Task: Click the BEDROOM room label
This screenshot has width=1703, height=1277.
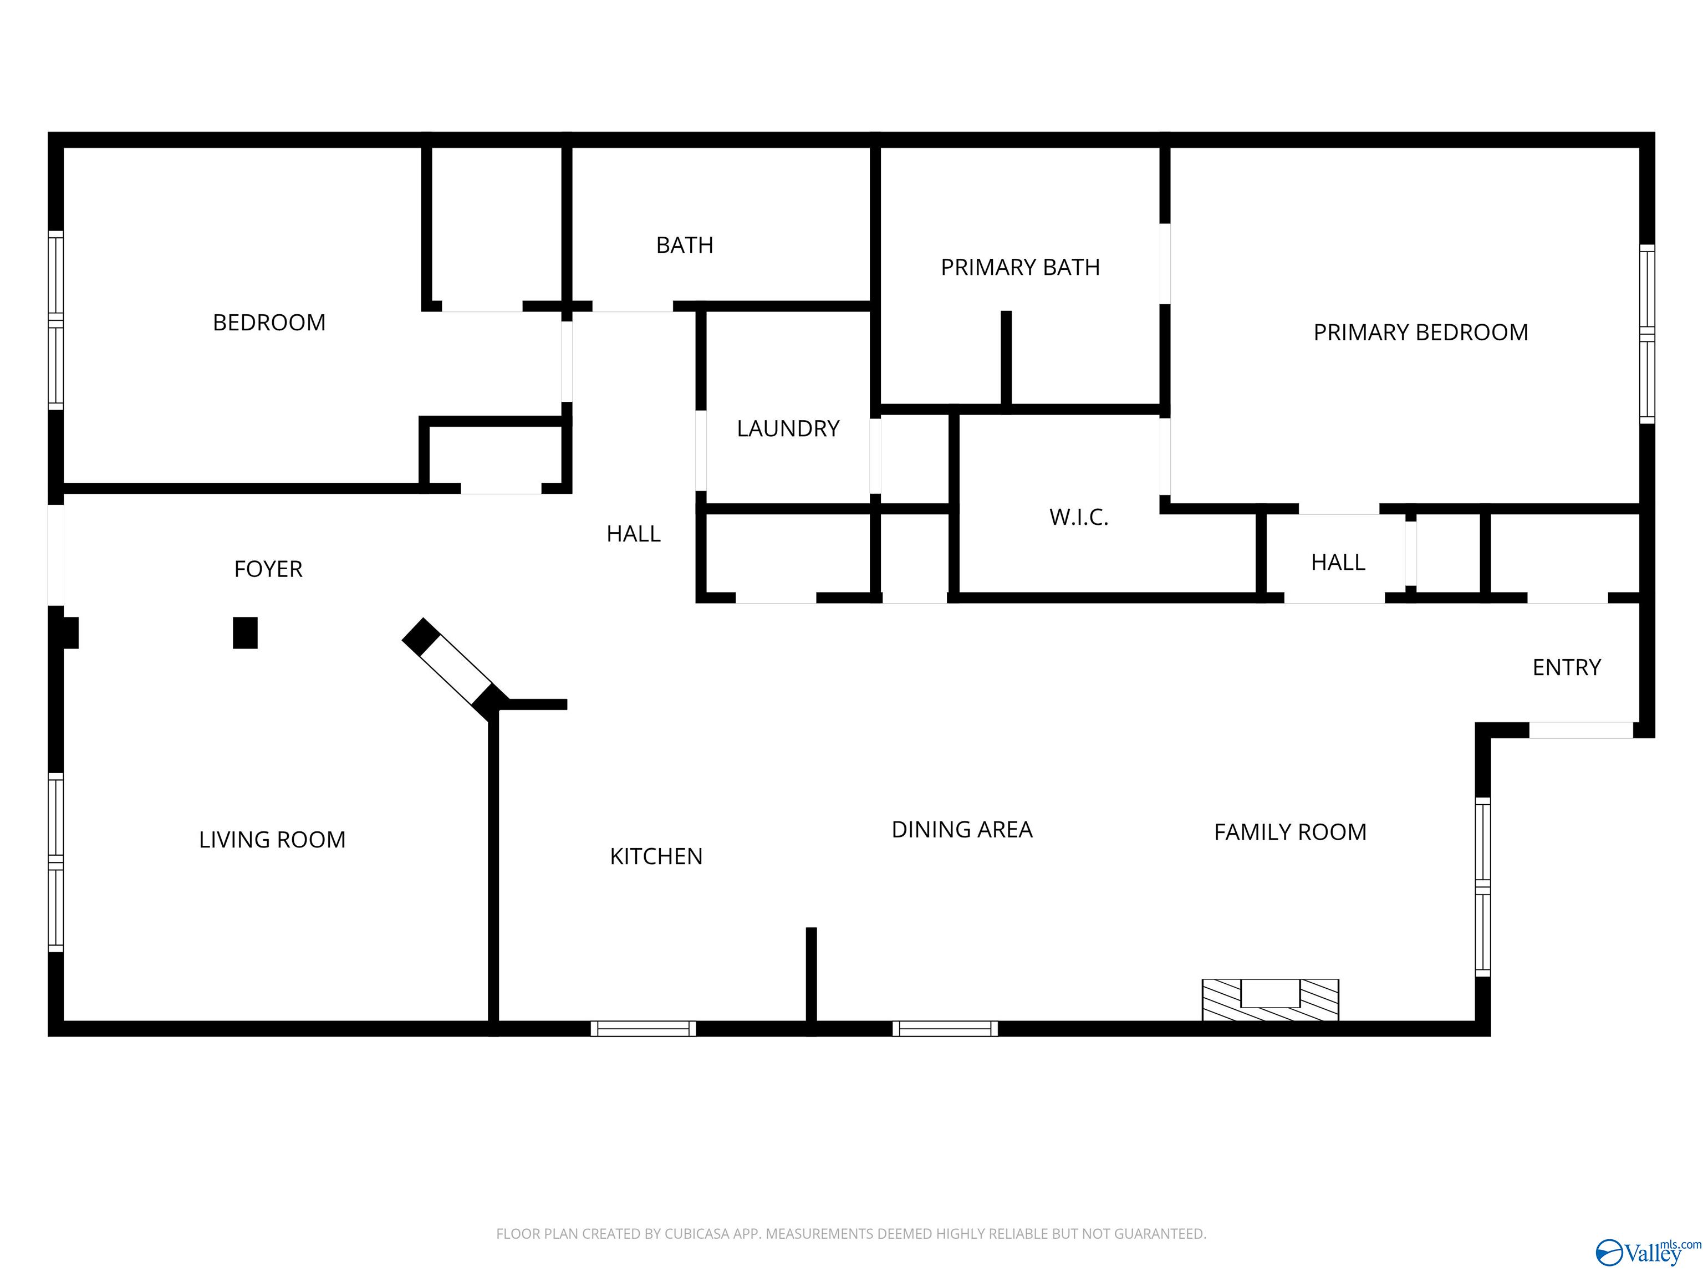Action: coord(269,323)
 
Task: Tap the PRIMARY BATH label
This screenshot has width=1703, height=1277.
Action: coord(1020,267)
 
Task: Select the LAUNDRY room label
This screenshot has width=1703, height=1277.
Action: coord(788,429)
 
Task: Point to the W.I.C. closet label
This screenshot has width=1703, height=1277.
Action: coord(1079,517)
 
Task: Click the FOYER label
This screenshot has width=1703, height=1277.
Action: coord(268,569)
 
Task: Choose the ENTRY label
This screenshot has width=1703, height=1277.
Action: coord(1566,667)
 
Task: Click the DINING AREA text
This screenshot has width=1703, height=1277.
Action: coord(962,829)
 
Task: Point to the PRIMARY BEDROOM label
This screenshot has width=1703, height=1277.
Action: coord(1420,333)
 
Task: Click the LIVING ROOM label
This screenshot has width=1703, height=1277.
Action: coord(272,839)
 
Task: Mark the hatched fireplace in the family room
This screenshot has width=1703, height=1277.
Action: coord(1271,1000)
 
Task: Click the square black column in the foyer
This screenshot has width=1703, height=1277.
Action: coord(245,633)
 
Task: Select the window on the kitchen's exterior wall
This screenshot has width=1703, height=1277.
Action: coord(643,1028)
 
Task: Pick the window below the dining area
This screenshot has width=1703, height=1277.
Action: coord(945,1028)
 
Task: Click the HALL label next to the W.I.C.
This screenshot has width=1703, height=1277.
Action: coord(1338,563)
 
